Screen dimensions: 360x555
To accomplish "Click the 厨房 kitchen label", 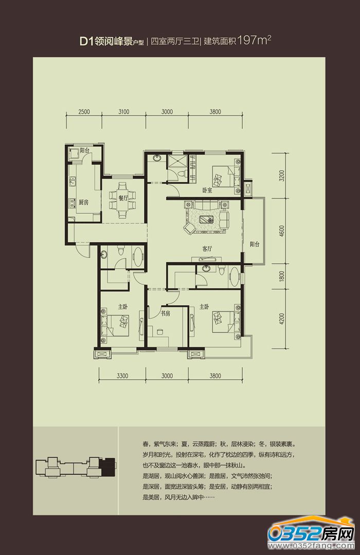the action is (x=84, y=202).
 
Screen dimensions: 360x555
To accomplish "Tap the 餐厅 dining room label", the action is (x=123, y=198).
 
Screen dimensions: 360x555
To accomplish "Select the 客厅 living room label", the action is (x=207, y=249).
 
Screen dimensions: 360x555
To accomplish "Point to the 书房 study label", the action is (x=166, y=313).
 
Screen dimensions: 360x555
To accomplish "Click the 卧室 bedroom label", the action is (x=207, y=190).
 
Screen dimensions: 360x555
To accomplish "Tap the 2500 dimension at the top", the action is (x=84, y=112).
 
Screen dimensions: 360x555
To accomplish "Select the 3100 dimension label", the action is (x=123, y=112).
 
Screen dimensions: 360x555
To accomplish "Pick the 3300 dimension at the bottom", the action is (x=122, y=376).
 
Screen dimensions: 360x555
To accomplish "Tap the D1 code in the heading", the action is (x=86, y=42).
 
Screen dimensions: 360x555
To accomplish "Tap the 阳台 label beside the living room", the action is (x=255, y=244).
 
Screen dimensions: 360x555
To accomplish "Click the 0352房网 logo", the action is (x=312, y=534).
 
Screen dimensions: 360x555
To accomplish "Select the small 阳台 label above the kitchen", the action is (x=84, y=151).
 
